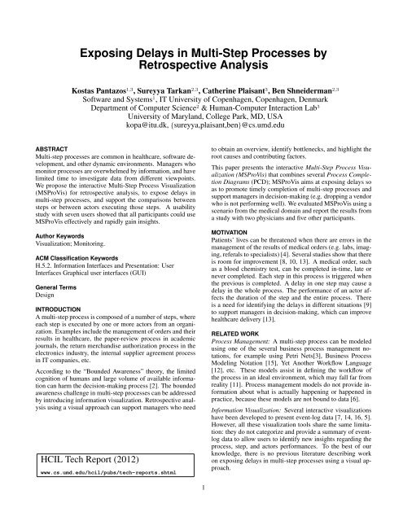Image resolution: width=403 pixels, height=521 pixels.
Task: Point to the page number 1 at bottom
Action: click(201, 511)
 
